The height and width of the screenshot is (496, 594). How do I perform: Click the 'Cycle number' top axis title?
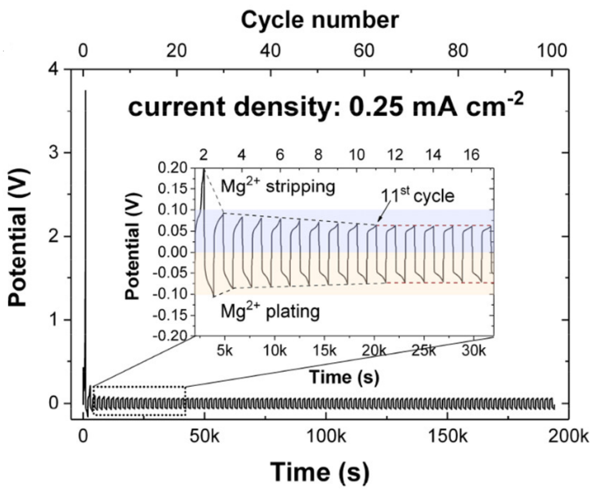point(319,21)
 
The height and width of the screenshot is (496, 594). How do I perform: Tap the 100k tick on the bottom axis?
point(326,436)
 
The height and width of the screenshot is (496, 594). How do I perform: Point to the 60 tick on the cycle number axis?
point(364,51)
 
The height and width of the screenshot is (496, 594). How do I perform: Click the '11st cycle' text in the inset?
point(417,195)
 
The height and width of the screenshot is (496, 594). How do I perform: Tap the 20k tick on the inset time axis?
point(374,350)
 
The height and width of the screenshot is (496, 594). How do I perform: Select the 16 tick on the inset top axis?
point(472,154)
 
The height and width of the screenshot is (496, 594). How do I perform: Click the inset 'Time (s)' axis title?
point(344,377)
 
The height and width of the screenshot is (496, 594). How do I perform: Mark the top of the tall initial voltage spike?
point(86,91)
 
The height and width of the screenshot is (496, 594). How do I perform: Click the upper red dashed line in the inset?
point(436,225)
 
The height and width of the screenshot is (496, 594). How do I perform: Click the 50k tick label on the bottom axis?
point(204,436)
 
